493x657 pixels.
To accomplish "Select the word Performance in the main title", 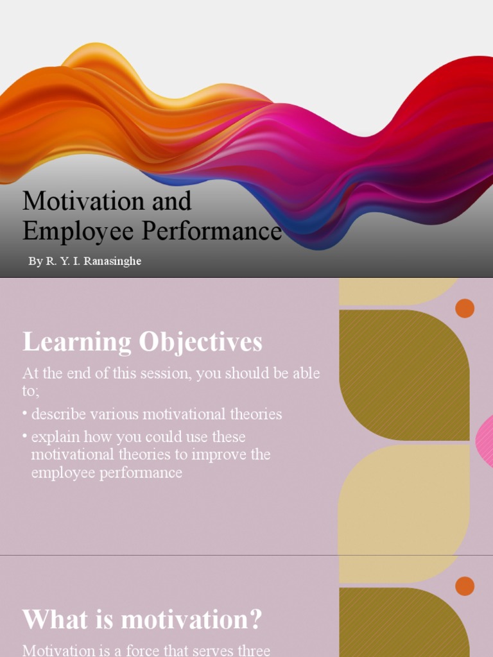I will click(x=212, y=232).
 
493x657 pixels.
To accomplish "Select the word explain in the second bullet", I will click(x=54, y=437).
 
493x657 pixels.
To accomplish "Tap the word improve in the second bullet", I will click(x=219, y=455).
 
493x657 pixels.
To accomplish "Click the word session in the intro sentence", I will click(x=160, y=373).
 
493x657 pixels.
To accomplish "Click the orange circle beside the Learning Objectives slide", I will click(x=465, y=309).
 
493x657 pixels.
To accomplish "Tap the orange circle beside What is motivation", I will click(x=465, y=586).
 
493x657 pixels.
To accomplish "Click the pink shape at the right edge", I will click(x=485, y=441).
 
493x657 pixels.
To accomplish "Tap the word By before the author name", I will click(x=35, y=262).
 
